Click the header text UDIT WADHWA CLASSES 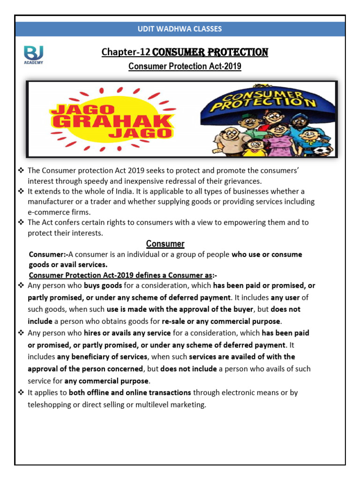pyautogui.click(x=180, y=29)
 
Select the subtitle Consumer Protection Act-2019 pyautogui.click(x=185, y=67)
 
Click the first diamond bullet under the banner pyautogui.click(x=21, y=171)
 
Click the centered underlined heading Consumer pyautogui.click(x=165, y=244)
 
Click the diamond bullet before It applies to pyautogui.click(x=21, y=392)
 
